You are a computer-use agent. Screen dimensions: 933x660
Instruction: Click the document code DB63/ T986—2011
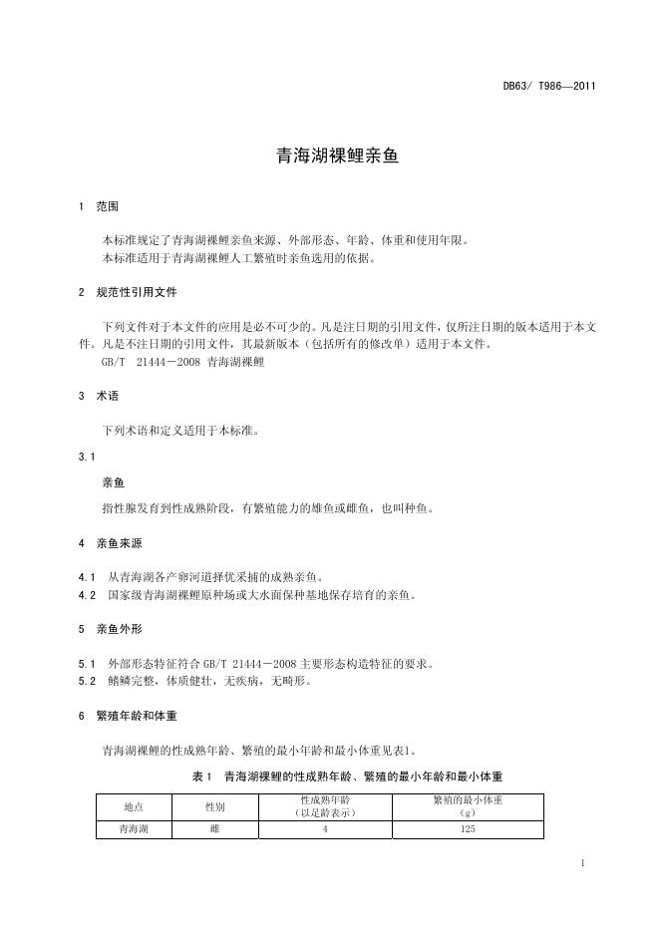click(549, 86)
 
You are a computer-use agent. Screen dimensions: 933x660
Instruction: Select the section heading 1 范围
click(98, 206)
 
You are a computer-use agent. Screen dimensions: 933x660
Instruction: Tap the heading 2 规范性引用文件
click(127, 293)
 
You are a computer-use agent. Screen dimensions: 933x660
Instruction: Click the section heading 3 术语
click(98, 396)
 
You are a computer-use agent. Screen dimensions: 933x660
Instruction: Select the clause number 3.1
click(86, 457)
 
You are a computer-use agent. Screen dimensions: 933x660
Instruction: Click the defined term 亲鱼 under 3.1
click(113, 482)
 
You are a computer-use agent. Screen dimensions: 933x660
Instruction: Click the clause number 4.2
click(86, 595)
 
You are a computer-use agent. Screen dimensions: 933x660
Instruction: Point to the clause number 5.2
click(86, 681)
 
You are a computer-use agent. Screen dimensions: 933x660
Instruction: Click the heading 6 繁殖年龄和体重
click(127, 716)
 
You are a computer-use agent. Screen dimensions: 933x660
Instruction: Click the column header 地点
click(134, 806)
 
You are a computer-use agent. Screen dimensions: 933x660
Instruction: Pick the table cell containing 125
click(469, 829)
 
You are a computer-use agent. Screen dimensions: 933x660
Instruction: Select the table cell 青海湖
click(134, 829)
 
